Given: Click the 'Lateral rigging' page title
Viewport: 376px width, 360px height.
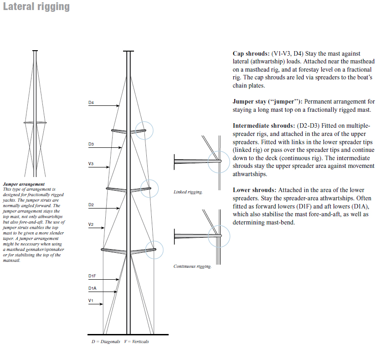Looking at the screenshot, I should [x=36, y=7].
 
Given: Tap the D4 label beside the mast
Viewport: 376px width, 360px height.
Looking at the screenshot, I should [x=91, y=103].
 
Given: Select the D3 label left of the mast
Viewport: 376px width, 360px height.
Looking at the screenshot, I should [x=91, y=144].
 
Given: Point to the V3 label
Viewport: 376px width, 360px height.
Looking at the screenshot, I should [x=91, y=163].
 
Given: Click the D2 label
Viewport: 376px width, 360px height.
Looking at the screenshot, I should [x=91, y=205].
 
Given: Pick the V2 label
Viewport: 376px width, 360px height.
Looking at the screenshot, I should [x=91, y=224].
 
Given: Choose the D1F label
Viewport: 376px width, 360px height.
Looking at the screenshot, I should [x=92, y=277].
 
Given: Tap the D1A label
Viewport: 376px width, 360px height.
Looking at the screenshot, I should [x=92, y=288].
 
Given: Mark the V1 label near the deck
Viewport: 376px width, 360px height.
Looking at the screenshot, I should [x=91, y=301].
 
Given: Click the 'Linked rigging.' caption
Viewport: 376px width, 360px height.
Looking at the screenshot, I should [x=188, y=192].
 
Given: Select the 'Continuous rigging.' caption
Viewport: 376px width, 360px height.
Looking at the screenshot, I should [x=192, y=266].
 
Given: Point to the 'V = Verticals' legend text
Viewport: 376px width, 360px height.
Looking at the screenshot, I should [x=136, y=341].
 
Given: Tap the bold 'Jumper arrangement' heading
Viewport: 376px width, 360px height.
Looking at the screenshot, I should [x=21, y=184].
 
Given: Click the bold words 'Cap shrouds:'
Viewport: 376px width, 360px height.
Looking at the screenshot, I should [x=251, y=54].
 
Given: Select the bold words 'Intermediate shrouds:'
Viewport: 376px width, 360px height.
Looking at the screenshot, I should [x=263, y=125].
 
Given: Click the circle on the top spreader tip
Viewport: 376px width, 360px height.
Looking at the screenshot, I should [x=145, y=131].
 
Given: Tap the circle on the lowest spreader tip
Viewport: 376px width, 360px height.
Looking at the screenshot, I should [x=154, y=250].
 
